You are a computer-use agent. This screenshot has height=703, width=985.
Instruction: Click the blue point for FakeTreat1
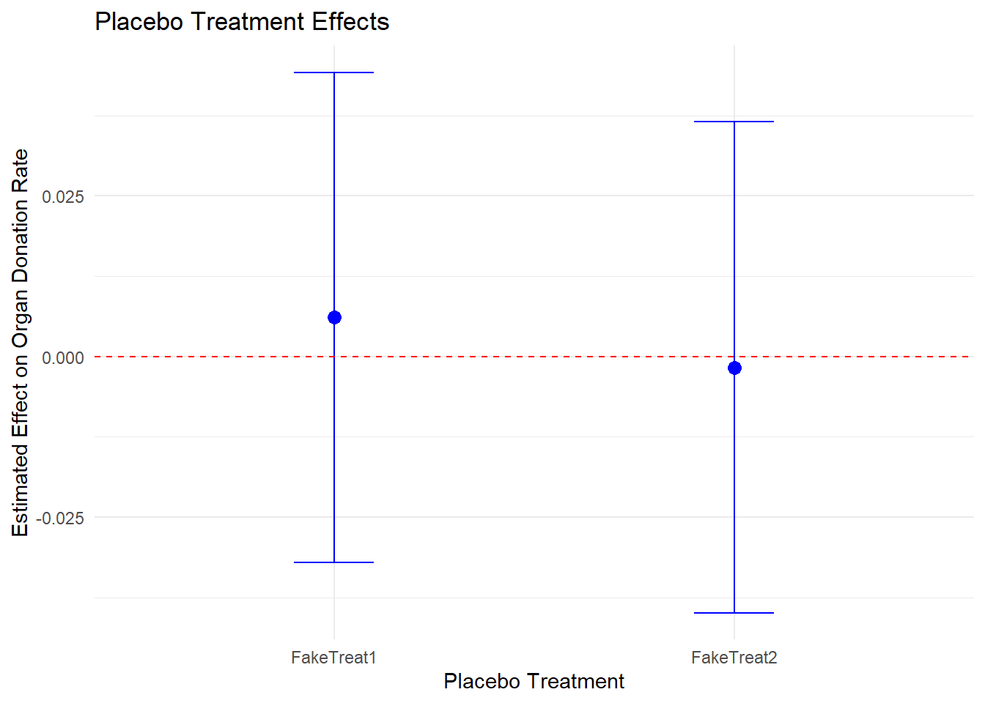[334, 317]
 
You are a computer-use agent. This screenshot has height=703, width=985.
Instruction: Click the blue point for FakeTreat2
[734, 368]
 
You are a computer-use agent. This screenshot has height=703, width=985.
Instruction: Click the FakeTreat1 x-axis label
[333, 658]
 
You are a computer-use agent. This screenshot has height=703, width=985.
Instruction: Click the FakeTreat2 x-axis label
[734, 658]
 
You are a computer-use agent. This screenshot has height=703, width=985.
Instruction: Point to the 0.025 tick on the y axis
[63, 196]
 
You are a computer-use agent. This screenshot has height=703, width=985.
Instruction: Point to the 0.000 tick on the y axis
[63, 357]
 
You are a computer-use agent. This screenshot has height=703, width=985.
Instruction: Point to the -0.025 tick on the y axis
[61, 518]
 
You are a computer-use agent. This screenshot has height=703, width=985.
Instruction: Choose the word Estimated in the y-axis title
[21, 488]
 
